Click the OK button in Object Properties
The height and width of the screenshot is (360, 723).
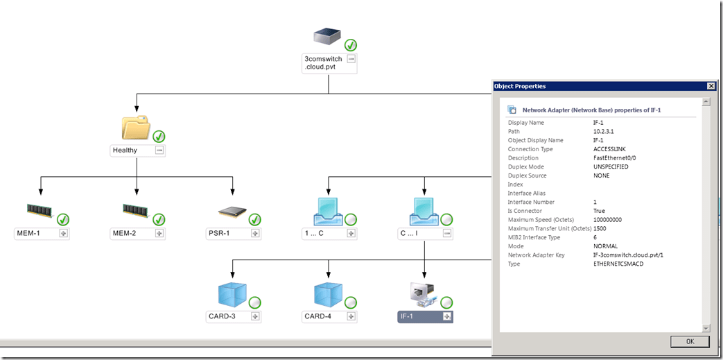(690, 341)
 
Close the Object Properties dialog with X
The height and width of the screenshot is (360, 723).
(711, 86)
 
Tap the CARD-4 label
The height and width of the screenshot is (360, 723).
(320, 317)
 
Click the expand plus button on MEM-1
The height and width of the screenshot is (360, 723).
(63, 234)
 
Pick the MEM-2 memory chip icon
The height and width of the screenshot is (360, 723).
(134, 210)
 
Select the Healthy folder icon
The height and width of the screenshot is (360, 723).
(135, 128)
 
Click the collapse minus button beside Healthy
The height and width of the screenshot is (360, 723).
(159, 151)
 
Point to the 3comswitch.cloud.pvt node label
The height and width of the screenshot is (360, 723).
(324, 63)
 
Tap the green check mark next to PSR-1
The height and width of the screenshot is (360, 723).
(255, 220)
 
